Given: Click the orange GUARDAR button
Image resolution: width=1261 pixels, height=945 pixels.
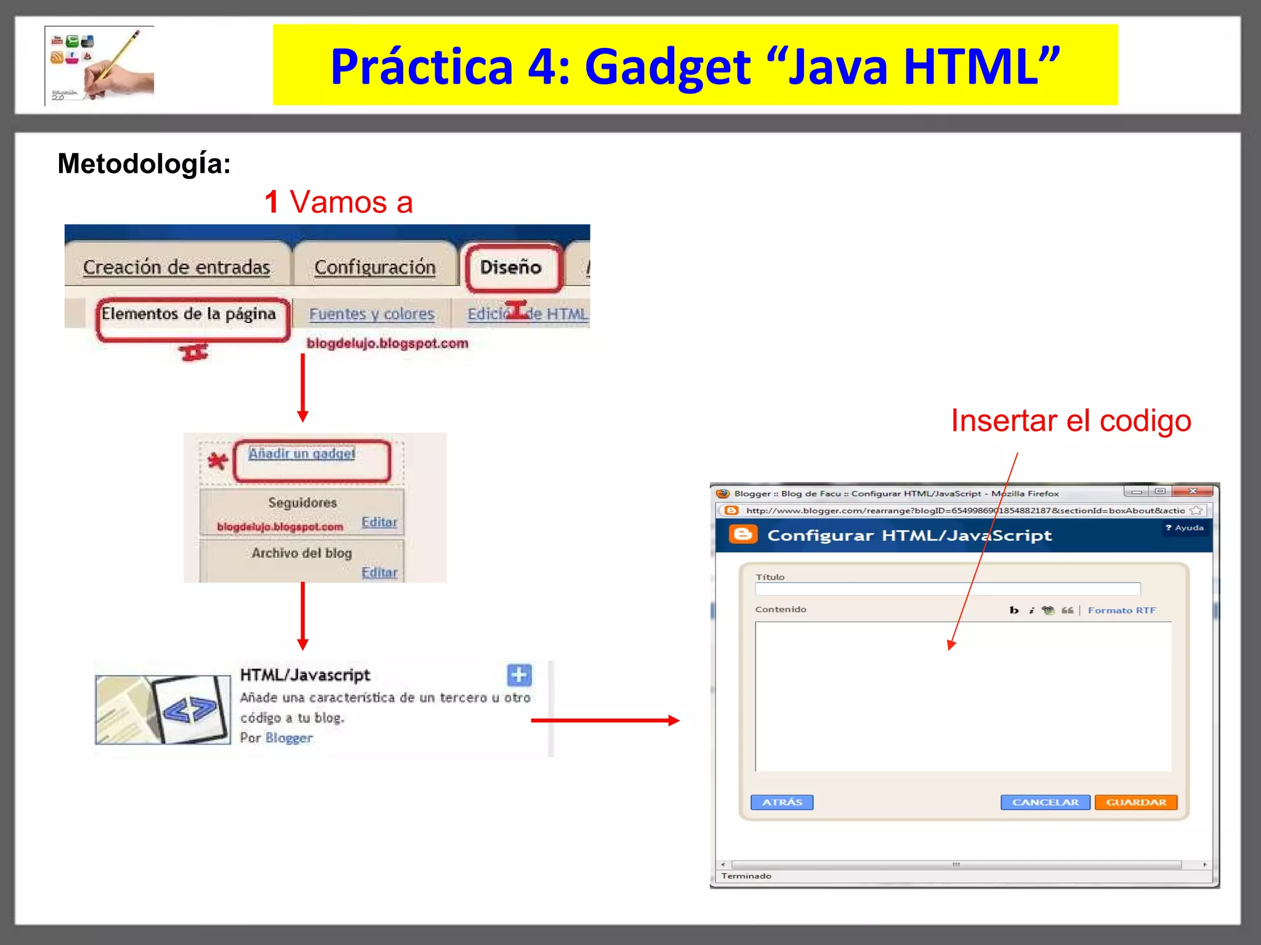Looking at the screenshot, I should coord(1135,802).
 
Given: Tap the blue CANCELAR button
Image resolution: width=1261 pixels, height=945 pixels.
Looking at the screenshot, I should coord(1045,802).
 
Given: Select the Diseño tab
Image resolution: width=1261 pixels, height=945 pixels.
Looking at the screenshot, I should coord(511,267).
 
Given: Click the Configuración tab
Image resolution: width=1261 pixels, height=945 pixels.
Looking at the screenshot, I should coord(374,267).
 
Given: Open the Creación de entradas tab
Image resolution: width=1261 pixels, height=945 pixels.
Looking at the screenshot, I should coord(176,267).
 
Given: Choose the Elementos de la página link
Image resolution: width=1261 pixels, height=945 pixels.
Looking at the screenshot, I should coord(188,314).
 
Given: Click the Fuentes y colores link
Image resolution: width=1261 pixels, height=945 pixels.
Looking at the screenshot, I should coord(371,314).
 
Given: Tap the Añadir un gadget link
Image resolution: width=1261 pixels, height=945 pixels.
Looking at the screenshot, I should coord(302,453).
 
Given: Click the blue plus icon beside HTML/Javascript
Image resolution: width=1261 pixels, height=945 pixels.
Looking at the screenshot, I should coord(519,675).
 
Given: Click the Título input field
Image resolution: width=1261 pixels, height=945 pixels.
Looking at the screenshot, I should coord(947,589).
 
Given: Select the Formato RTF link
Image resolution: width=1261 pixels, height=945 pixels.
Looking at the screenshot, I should coord(1121,610).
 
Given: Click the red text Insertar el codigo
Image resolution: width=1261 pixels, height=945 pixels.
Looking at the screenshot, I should coord(1071,421).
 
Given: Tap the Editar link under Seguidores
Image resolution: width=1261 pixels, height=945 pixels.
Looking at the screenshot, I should coord(379,522).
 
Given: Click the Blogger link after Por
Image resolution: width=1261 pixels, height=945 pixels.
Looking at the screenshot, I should coord(289,738).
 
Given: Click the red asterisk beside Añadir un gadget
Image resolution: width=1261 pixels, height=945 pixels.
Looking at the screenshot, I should coord(217,460).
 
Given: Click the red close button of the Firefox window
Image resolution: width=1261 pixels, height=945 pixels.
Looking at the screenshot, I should coord(1192,491).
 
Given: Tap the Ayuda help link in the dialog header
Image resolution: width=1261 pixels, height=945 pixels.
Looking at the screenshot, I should coord(1185,528).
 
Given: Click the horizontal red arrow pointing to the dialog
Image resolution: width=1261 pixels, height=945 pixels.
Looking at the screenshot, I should coord(605,720).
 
